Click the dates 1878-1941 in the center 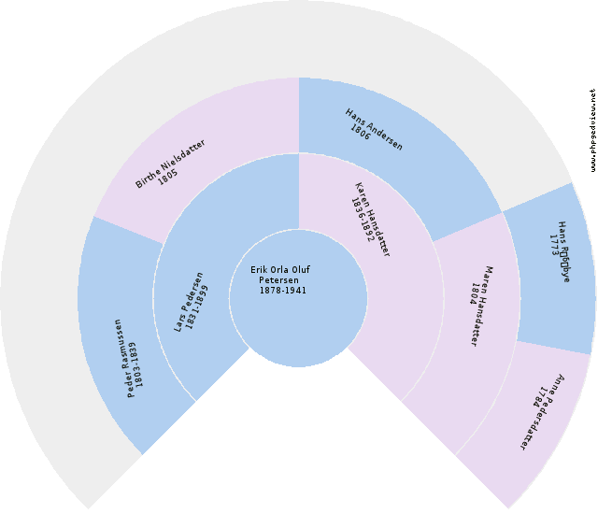click(282, 290)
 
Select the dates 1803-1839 click(137, 364)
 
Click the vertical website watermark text click(592, 131)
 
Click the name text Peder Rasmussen click(123, 359)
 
